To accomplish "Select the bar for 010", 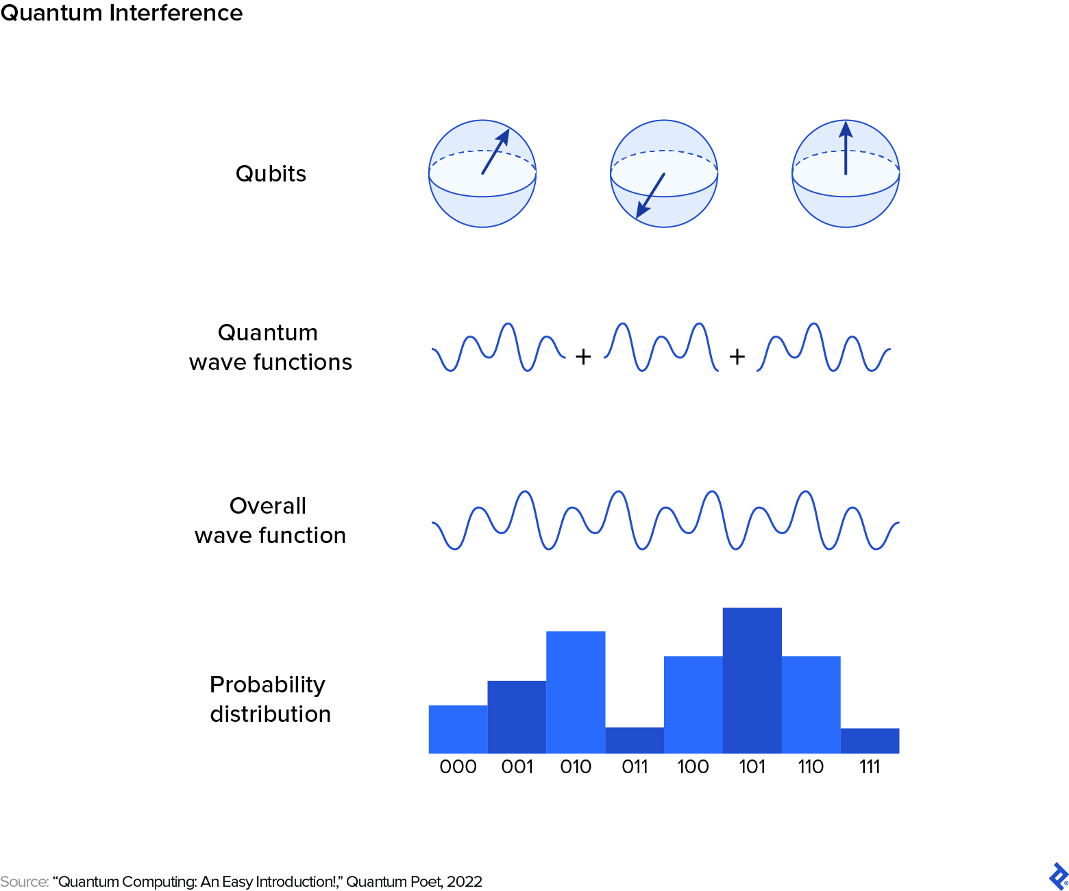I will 576,692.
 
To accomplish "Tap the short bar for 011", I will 635,740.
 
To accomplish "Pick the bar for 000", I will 458,729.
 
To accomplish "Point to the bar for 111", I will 870,740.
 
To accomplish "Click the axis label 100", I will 693,766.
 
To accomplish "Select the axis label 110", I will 811,766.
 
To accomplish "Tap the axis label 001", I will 517,766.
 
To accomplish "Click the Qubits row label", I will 271,174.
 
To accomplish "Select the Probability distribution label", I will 270,699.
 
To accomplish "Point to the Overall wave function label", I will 270,520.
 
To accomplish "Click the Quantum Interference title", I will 121,13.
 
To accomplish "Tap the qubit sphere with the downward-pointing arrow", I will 663,174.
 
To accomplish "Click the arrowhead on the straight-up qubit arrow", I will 846,129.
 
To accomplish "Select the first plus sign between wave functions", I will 583,357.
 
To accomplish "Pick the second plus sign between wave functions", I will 737,357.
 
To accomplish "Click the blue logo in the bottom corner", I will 1058,877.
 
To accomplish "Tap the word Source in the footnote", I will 24,881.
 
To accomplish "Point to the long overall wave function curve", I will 665,520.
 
